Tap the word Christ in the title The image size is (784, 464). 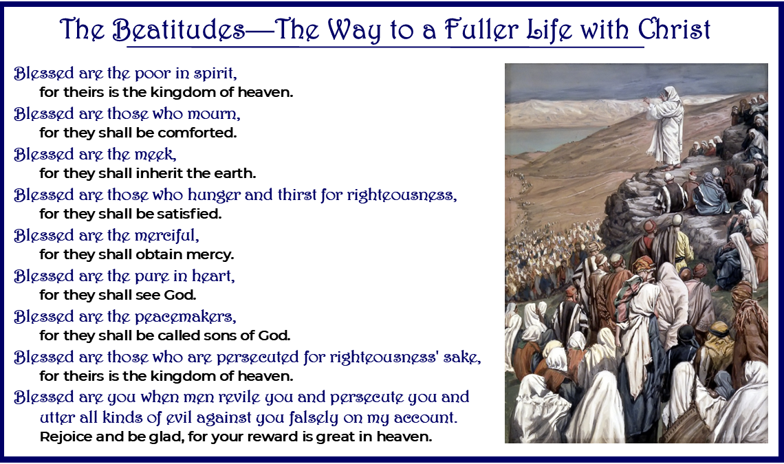click(x=674, y=30)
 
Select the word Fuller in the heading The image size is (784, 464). click(x=488, y=30)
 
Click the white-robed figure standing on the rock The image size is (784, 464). click(x=664, y=127)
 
